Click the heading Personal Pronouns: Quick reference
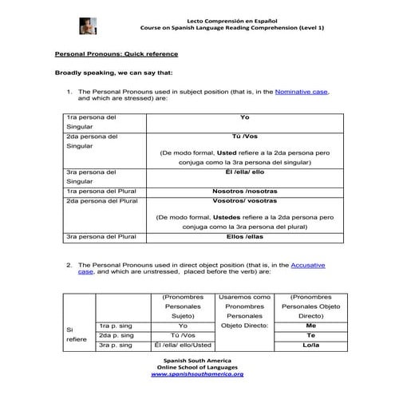(117, 53)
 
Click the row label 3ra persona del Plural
(103, 237)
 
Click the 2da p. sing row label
(118, 335)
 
